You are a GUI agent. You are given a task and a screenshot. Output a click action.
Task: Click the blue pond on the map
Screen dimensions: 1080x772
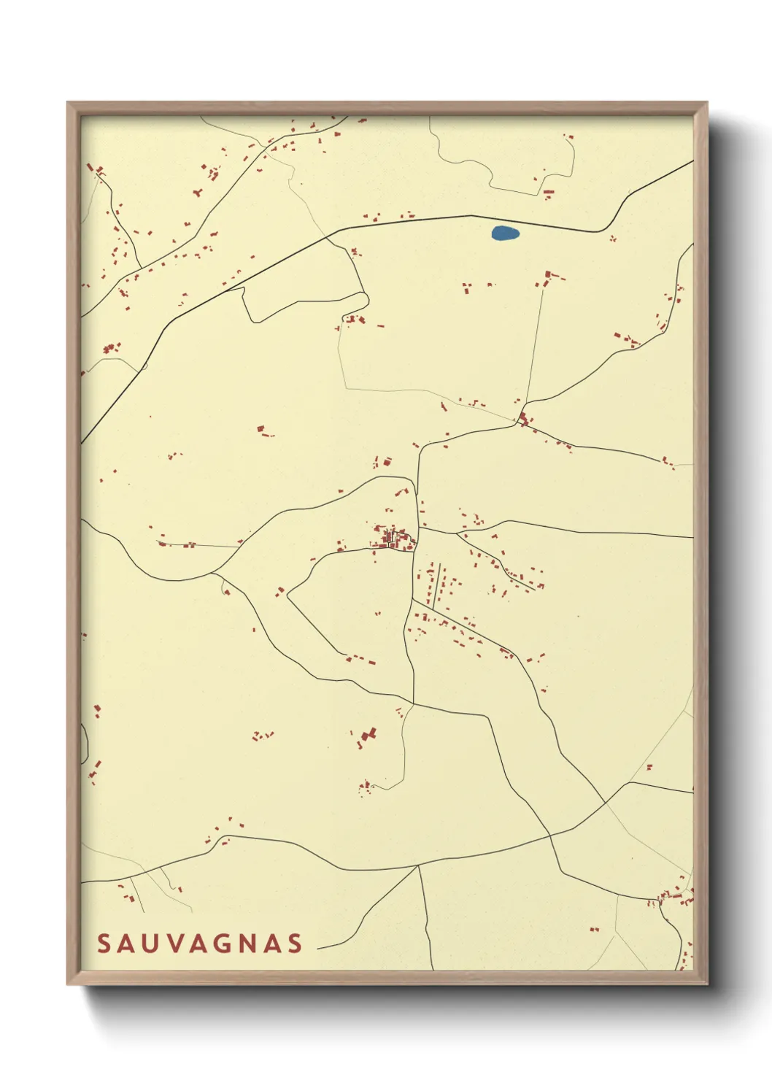[x=505, y=234]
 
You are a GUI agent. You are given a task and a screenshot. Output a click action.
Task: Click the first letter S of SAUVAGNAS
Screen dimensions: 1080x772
[x=104, y=944]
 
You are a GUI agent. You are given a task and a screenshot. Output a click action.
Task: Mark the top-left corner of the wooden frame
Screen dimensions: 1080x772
[x=68, y=103]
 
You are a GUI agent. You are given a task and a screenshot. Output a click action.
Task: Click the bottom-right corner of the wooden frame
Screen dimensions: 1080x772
[x=706, y=983]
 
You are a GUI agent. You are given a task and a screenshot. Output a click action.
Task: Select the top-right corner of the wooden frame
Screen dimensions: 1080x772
[x=706, y=103]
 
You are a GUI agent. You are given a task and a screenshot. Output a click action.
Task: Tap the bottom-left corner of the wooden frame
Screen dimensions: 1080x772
[x=68, y=983]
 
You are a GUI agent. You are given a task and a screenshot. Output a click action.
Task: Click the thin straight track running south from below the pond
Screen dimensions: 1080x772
[x=534, y=343]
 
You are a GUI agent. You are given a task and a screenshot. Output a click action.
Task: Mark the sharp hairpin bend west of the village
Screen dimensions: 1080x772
[x=289, y=595]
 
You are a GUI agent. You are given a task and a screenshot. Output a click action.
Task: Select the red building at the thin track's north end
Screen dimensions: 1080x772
[x=547, y=278]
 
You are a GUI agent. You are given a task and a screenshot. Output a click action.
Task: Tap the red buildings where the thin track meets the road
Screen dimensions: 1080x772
[x=524, y=420]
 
